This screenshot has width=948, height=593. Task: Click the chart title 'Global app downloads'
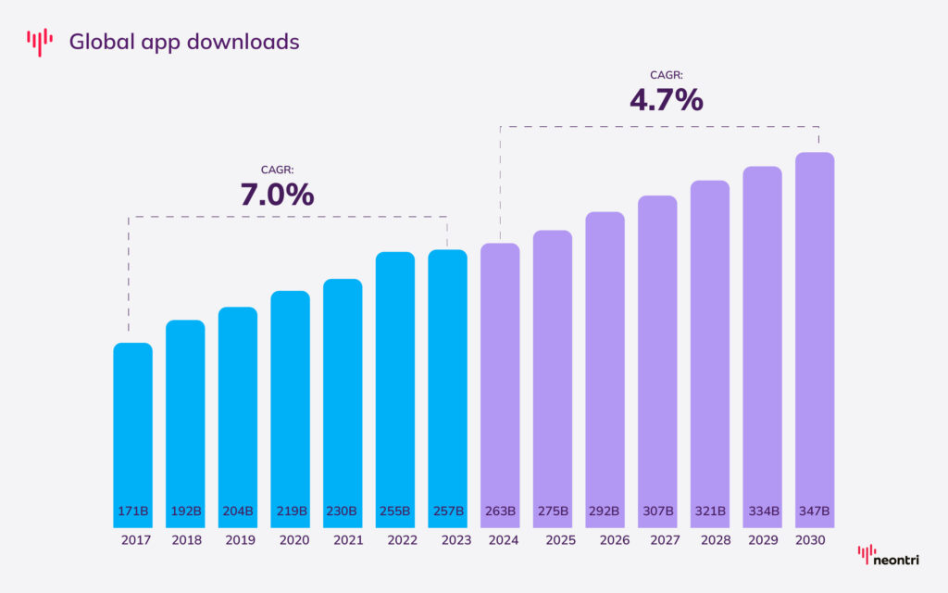click(x=184, y=42)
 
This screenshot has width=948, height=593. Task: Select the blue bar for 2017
click(x=132, y=426)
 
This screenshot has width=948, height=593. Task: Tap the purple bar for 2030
click(x=815, y=334)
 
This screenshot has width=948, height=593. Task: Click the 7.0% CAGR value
click(x=277, y=195)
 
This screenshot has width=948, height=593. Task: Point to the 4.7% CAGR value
click(x=666, y=99)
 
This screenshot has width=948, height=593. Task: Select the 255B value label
click(x=395, y=511)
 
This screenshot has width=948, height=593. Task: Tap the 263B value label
click(x=500, y=511)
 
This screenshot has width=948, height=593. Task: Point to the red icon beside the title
click(x=40, y=42)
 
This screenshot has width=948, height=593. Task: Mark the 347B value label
click(x=815, y=511)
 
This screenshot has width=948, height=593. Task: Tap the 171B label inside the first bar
click(x=132, y=511)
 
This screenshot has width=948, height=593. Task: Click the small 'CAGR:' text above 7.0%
click(x=277, y=170)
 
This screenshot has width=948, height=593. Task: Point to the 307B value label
click(x=657, y=511)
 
